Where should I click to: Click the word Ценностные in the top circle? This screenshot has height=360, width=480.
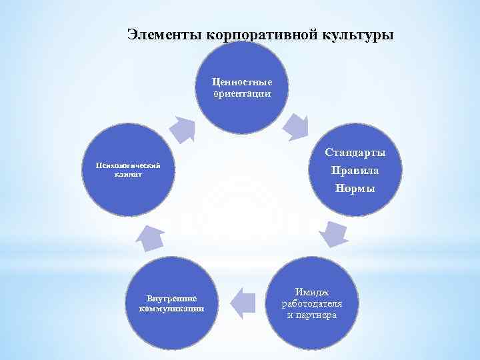[242, 82]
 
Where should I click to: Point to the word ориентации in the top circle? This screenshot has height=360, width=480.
[242, 94]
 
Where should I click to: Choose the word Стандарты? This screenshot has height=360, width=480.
[355, 152]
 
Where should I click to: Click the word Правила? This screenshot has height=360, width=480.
[355, 170]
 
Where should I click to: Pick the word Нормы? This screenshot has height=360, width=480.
[355, 189]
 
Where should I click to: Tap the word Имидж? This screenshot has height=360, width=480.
[312, 292]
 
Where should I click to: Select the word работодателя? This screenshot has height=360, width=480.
[312, 303]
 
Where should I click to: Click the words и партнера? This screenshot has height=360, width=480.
[312, 315]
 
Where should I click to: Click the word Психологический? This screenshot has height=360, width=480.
[129, 165]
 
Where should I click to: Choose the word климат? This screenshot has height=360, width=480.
[129, 175]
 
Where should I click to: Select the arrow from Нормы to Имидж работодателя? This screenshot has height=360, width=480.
[333, 233]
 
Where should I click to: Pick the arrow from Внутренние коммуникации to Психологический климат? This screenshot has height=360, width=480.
[152, 237]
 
